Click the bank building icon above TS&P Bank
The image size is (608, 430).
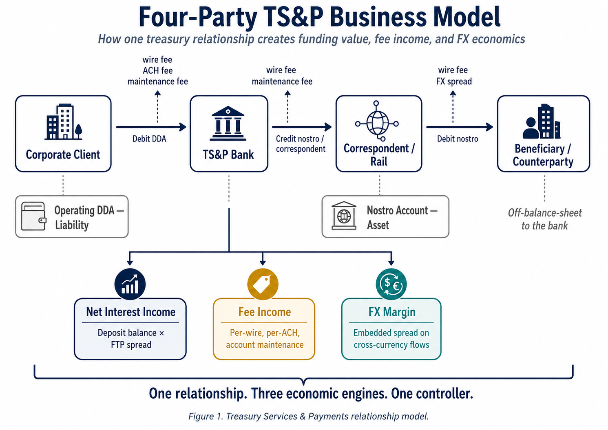pos(228,123)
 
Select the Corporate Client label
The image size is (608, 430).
pos(63,155)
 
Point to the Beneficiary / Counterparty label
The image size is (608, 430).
pos(543,155)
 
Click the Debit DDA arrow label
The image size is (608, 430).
pos(149,139)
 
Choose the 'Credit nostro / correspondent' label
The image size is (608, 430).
pos(301,144)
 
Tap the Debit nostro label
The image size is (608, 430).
pos(458,139)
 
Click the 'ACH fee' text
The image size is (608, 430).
pos(157,71)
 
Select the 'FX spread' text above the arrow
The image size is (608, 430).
pos(454,82)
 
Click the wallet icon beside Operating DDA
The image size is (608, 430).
pos(33,216)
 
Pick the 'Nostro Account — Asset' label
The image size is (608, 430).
pos(402,218)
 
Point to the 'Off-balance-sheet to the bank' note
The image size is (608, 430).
pos(545,219)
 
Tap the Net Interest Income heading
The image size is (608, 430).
pos(130,312)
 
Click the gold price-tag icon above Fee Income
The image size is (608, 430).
pos(263,284)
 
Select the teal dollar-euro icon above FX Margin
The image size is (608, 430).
pos(391,284)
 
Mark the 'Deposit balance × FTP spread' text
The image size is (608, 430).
pos(131,339)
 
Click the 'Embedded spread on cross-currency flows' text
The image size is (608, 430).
pos(391,339)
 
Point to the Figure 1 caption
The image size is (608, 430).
pos(309,417)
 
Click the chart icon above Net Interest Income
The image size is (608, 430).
pos(130,284)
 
